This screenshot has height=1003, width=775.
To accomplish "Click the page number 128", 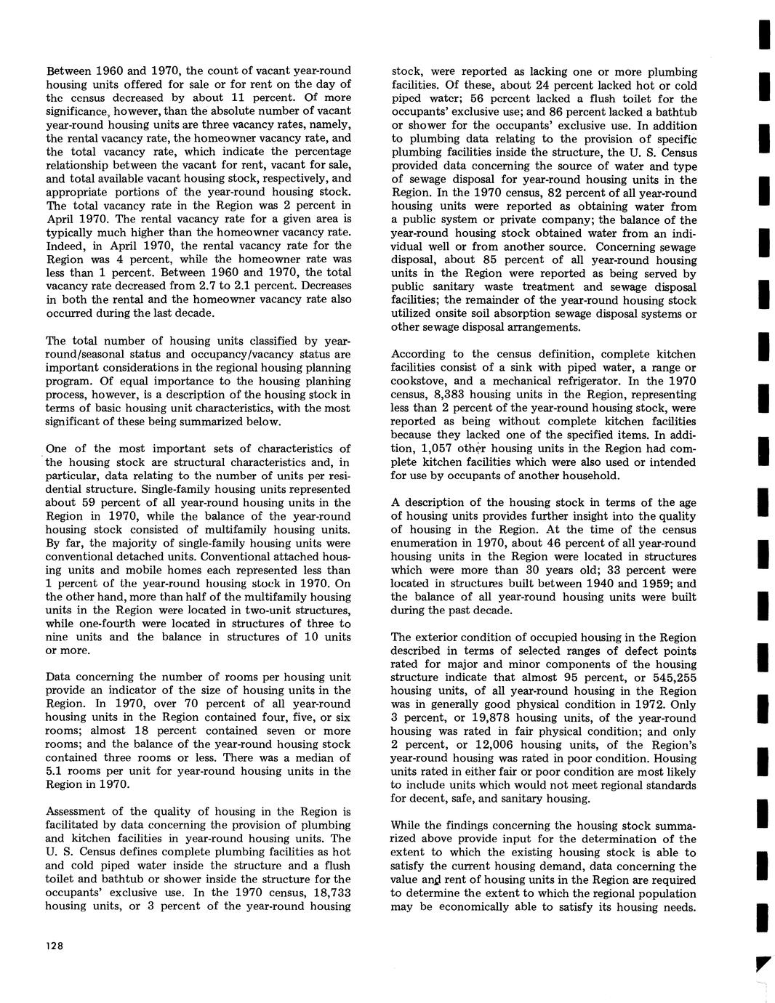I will [x=55, y=946].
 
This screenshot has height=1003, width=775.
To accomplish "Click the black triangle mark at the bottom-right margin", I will [x=760, y=964].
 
